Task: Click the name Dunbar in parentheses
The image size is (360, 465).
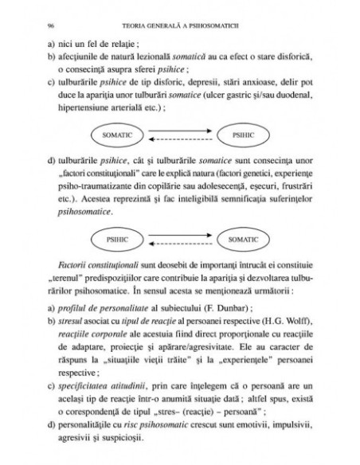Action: [x=256, y=308]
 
